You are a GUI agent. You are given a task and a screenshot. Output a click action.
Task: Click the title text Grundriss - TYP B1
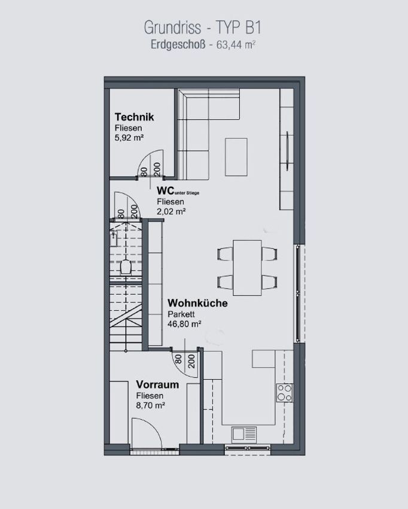[202, 28]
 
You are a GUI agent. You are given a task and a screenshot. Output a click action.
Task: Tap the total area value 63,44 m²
[236, 44]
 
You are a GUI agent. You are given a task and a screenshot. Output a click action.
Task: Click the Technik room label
[134, 117]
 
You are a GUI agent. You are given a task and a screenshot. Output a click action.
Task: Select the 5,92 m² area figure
[129, 138]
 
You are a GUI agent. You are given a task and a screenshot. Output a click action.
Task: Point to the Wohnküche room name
[197, 303]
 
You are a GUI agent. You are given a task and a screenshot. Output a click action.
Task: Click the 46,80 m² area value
[184, 323]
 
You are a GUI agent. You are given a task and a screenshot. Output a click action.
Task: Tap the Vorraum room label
[157, 384]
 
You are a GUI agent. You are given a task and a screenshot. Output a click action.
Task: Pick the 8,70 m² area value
[151, 405]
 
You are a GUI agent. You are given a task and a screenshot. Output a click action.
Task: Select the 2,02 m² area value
[171, 211]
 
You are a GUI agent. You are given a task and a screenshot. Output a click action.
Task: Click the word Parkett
[181, 314]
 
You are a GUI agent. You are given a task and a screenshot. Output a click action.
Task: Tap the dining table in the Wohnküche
[247, 268]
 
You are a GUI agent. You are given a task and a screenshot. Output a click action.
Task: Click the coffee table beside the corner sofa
[236, 157]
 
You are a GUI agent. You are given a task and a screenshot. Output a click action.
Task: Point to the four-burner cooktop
[284, 393]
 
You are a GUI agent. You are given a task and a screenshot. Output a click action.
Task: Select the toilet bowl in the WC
[125, 268]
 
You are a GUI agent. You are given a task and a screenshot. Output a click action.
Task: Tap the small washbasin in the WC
[114, 239]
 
